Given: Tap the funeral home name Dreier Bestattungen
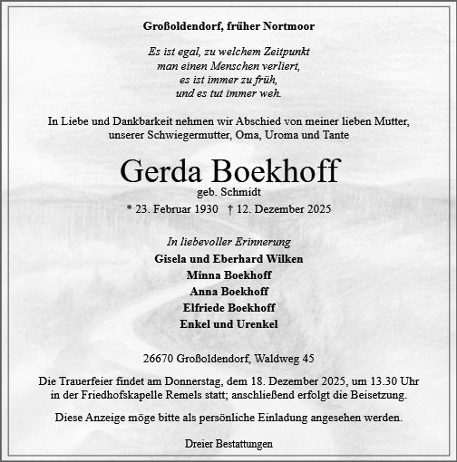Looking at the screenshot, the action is (228, 445).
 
